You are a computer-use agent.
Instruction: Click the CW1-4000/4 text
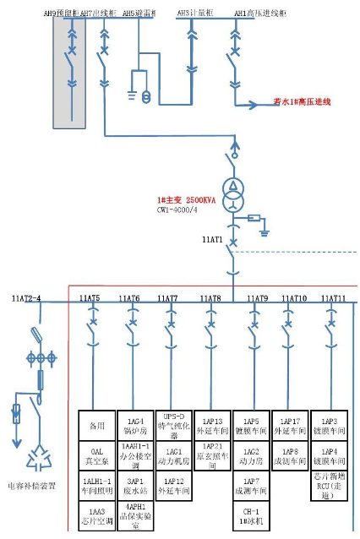coord(179,210)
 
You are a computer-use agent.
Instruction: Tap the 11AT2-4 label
coord(26,298)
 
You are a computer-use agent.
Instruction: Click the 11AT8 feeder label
coord(210,298)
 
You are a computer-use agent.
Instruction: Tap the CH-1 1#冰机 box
coord(251,516)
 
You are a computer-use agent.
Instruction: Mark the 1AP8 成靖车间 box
coord(290,457)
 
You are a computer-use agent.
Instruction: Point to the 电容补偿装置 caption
coord(33,486)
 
